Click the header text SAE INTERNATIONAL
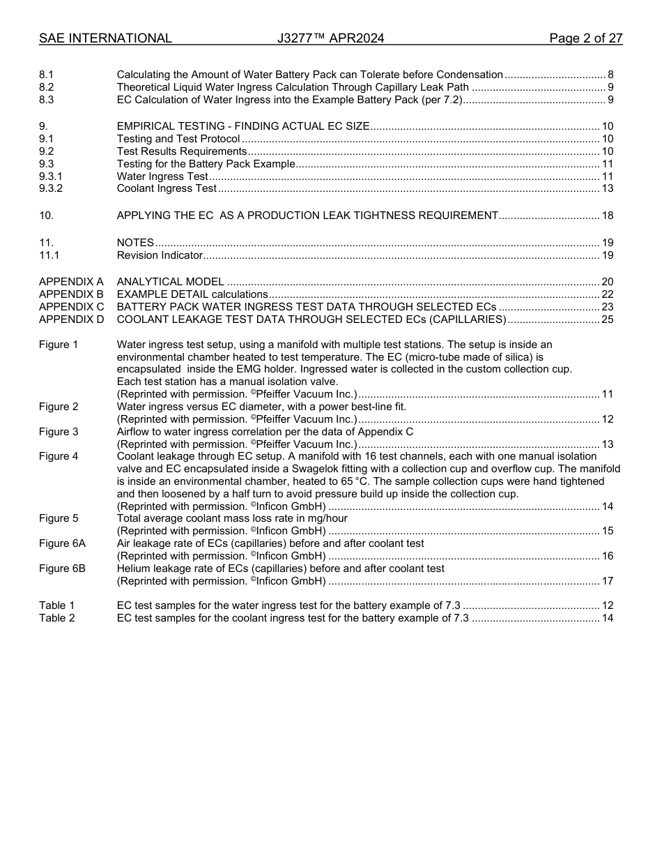[x=105, y=38]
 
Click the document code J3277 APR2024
[x=330, y=38]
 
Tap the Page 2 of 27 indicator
[x=585, y=38]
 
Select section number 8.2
[x=46, y=87]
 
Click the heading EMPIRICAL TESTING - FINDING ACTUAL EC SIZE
[x=243, y=126]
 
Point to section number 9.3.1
[x=50, y=176]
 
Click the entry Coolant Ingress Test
[x=167, y=189]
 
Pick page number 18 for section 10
[x=607, y=216]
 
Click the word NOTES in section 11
[x=135, y=243]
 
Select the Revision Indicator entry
[x=160, y=255]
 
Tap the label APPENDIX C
[x=71, y=307]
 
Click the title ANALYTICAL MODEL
[x=170, y=282]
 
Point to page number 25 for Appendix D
[x=607, y=319]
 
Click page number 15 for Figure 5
[x=607, y=531]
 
